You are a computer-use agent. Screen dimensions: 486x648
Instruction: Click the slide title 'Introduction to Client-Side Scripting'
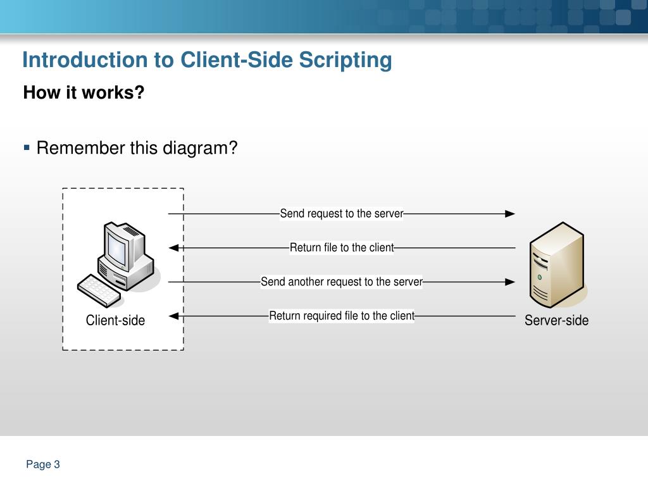(207, 61)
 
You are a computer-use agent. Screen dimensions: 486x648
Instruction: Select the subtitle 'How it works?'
(84, 93)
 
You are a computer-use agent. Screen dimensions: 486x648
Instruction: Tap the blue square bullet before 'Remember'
(27, 147)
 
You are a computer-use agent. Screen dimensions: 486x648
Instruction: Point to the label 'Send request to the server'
(342, 214)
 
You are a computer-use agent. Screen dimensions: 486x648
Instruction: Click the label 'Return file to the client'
(342, 247)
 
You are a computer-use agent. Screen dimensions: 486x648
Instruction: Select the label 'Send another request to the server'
(342, 282)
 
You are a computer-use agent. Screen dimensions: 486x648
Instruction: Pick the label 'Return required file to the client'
(342, 316)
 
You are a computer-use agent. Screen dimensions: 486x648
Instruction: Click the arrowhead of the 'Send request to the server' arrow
(510, 214)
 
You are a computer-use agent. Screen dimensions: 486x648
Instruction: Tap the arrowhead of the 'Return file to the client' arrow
(174, 248)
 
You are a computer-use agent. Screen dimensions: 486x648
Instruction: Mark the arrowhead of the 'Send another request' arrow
(510, 282)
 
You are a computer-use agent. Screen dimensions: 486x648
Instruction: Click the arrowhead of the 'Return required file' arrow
(174, 316)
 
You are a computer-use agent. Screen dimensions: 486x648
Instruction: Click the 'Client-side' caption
(115, 321)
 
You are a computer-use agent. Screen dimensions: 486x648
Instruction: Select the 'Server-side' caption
(556, 321)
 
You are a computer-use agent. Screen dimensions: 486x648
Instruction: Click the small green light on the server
(539, 277)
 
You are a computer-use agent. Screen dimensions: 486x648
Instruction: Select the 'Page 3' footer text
(43, 465)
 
